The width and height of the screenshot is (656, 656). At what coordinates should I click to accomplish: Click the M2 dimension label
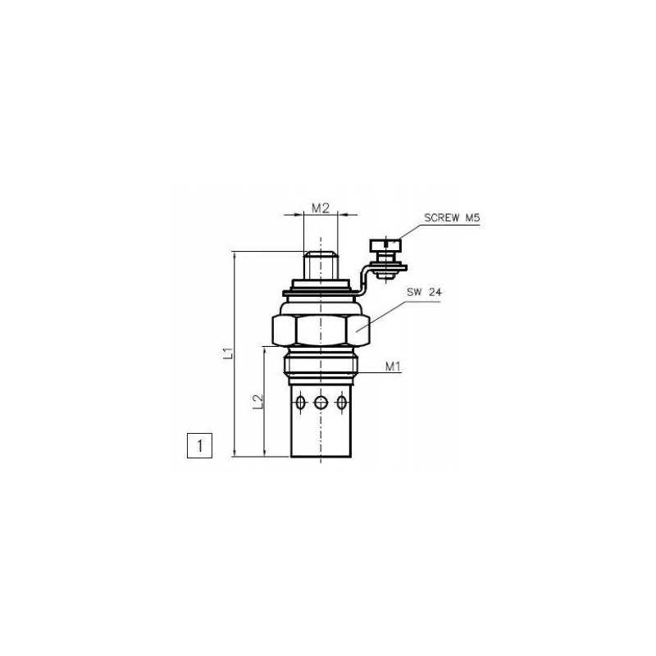pyautogui.click(x=321, y=208)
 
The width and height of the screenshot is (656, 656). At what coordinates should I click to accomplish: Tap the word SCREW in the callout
pyautogui.click(x=440, y=219)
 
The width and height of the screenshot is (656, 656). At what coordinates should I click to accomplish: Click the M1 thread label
pyautogui.click(x=393, y=367)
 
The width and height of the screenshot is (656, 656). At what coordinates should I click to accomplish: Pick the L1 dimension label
pyautogui.click(x=230, y=354)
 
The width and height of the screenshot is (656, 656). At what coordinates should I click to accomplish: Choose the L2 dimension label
pyautogui.click(x=257, y=401)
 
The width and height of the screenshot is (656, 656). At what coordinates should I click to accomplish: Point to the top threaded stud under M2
pyautogui.click(x=320, y=266)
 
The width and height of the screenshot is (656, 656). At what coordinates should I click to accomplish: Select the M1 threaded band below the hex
pyautogui.click(x=321, y=365)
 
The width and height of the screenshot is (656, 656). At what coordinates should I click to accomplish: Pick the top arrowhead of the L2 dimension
pyautogui.click(x=265, y=350)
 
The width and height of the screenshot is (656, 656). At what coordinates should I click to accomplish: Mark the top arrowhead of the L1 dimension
pyautogui.click(x=236, y=255)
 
